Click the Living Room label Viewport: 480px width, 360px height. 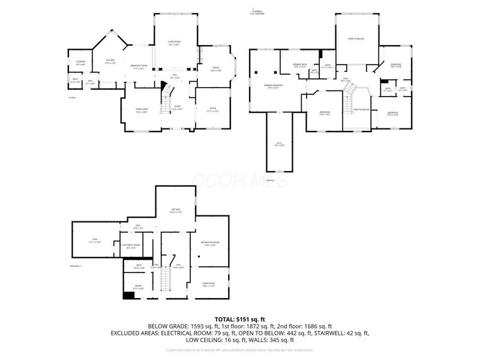pyautogui.click(x=174, y=42)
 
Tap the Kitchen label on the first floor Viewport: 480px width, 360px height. pyautogui.click(x=110, y=61)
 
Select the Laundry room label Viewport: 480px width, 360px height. pyautogui.click(x=80, y=62)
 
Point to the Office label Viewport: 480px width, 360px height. pyautogui.click(x=216, y=69)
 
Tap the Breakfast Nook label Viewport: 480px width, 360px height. pyautogui.click(x=139, y=67)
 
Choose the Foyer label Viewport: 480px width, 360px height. pyautogui.click(x=178, y=108)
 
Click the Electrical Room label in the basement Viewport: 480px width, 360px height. pyautogui.click(x=131, y=245)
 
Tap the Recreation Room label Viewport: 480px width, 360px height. pyautogui.click(x=209, y=244)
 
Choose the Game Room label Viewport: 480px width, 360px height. pyautogui.click(x=208, y=285)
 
